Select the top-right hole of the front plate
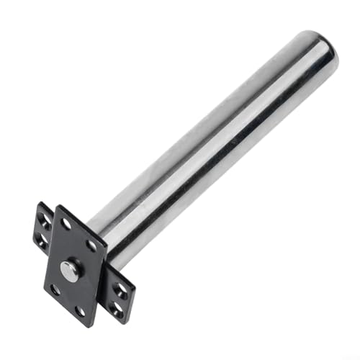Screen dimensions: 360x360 click(x=92, y=246)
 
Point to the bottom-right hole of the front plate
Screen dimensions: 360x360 click(x=80, y=311)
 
